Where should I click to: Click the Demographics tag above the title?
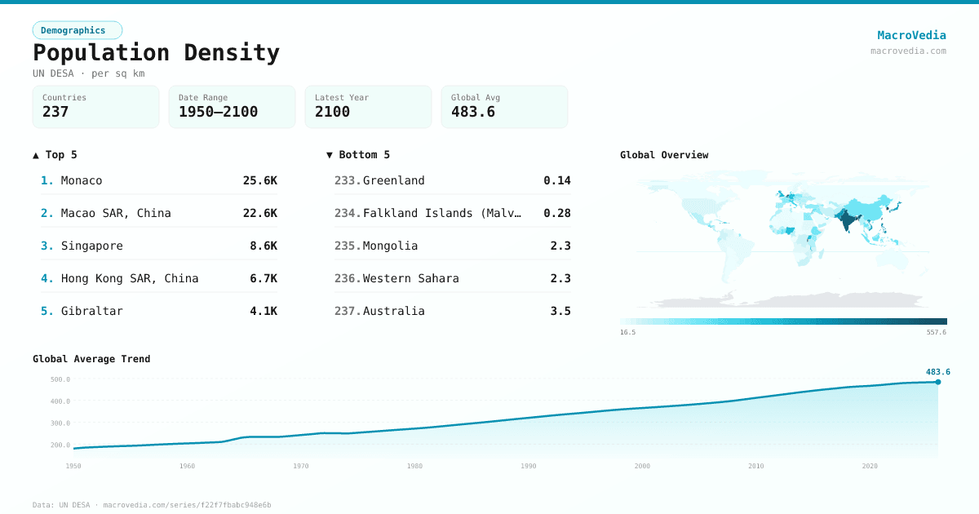point(78,30)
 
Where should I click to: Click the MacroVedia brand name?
point(911,35)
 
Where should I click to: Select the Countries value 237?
point(55,112)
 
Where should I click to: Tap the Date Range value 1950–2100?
point(218,112)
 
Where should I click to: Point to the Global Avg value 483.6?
point(473,112)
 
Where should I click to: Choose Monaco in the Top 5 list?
point(82,180)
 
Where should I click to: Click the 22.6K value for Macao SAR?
point(259,213)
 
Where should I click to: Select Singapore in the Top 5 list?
point(91,246)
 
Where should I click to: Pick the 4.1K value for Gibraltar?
point(264,311)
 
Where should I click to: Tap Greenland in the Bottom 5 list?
point(393,180)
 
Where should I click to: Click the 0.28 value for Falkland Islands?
point(557,213)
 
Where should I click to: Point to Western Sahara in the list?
point(410,278)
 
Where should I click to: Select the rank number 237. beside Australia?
point(347,311)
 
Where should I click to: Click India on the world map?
point(848,219)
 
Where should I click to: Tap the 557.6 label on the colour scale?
point(936,332)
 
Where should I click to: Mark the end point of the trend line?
point(937,382)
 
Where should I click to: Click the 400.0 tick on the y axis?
point(60,401)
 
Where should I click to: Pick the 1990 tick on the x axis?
point(529,466)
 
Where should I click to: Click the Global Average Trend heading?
point(91,359)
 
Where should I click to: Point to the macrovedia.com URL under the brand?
point(908,51)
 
